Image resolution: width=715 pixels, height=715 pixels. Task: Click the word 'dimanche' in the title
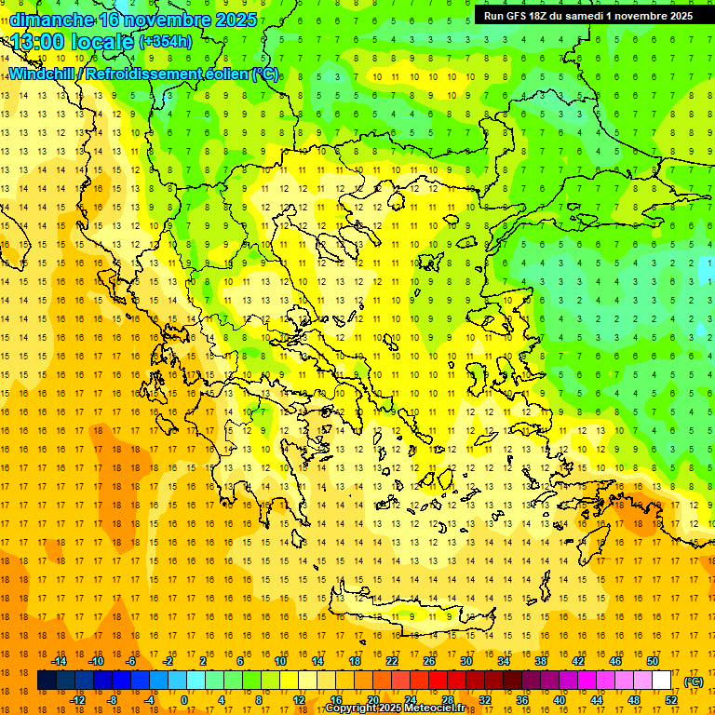52,20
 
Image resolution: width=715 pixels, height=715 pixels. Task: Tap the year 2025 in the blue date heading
230,20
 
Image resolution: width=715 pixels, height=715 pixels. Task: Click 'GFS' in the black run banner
515,16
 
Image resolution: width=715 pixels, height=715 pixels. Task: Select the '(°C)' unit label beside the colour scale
694,681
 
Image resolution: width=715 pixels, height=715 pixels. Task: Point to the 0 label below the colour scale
184,700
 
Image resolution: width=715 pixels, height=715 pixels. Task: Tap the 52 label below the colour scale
671,700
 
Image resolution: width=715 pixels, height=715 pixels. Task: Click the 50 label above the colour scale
653,661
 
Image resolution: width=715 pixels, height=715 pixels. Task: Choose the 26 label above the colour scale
429,661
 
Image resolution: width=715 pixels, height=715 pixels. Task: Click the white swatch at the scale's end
661,681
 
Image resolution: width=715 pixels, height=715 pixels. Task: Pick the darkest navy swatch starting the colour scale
47,681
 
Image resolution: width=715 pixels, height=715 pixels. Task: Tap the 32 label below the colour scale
485,700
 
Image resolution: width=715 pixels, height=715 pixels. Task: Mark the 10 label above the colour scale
280,661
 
